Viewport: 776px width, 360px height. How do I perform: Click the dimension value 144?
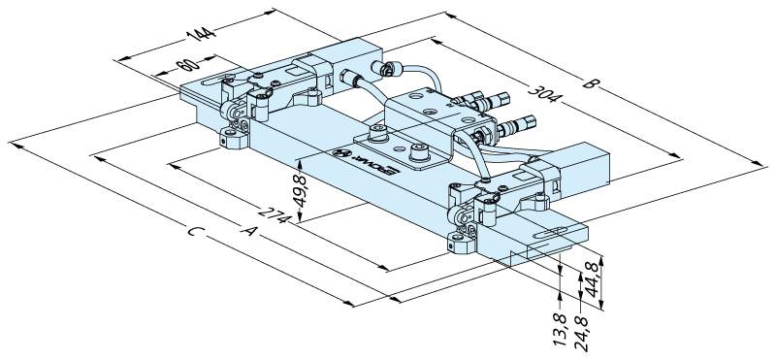(201, 34)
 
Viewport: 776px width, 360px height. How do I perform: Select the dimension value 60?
(187, 65)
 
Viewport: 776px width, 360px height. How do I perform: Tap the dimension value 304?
(543, 93)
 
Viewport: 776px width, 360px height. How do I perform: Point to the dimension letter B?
(589, 83)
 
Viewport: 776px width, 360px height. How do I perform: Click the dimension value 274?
(273, 213)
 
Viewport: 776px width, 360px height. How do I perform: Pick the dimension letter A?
(249, 230)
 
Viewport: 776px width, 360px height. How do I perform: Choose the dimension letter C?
(195, 231)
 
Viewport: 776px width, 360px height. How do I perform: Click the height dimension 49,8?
(301, 191)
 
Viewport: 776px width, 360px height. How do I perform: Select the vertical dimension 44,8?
(593, 280)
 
